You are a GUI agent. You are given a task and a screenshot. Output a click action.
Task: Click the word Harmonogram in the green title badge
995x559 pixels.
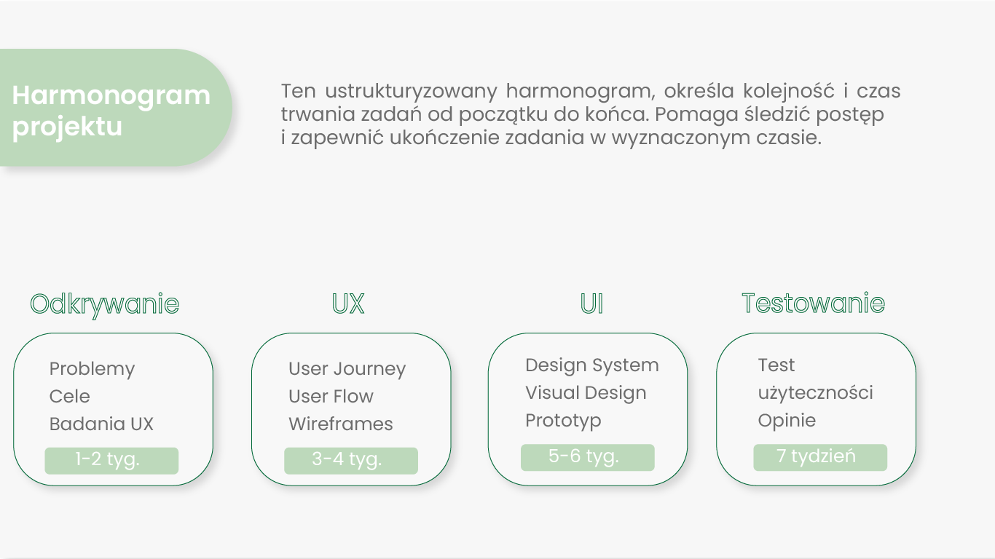(x=111, y=96)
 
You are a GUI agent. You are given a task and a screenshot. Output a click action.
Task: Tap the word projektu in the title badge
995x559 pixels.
(x=67, y=127)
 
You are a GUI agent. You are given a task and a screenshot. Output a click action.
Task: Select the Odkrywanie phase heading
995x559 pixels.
(x=104, y=305)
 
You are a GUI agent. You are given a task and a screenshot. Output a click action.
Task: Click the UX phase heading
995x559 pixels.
(x=348, y=304)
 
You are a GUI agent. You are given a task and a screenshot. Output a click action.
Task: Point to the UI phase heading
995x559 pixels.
(x=591, y=304)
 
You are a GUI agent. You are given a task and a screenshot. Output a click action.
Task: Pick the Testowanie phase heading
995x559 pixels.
(x=814, y=304)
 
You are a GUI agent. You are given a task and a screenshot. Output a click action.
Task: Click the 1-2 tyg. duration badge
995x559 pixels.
(x=111, y=461)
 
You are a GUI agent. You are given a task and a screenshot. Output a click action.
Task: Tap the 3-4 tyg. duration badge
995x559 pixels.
(x=351, y=461)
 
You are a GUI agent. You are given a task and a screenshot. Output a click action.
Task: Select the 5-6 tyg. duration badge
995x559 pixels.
(x=588, y=457)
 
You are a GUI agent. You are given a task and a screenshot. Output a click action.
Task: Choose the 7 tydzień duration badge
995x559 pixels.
(x=820, y=457)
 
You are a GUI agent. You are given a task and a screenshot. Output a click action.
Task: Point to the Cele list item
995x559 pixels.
(x=70, y=396)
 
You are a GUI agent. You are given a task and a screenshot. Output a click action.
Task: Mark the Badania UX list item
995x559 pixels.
(x=101, y=424)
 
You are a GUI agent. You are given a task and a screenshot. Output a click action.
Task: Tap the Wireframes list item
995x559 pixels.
(x=341, y=424)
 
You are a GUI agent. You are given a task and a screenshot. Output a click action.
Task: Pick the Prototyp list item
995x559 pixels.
(x=563, y=421)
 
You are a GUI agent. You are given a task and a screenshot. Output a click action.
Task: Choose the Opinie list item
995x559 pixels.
(x=787, y=421)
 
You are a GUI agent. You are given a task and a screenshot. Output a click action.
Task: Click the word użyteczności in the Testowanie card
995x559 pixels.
(x=816, y=393)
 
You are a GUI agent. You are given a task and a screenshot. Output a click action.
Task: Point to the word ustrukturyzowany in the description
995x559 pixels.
(x=411, y=92)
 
